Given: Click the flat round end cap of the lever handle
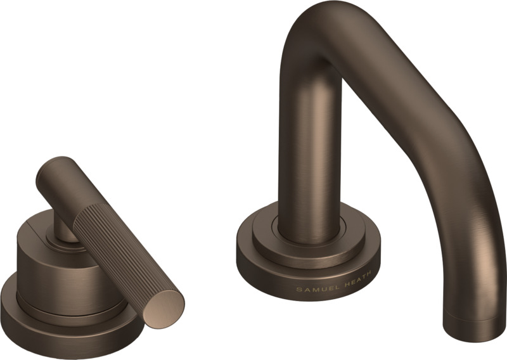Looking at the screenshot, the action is [164, 307].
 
